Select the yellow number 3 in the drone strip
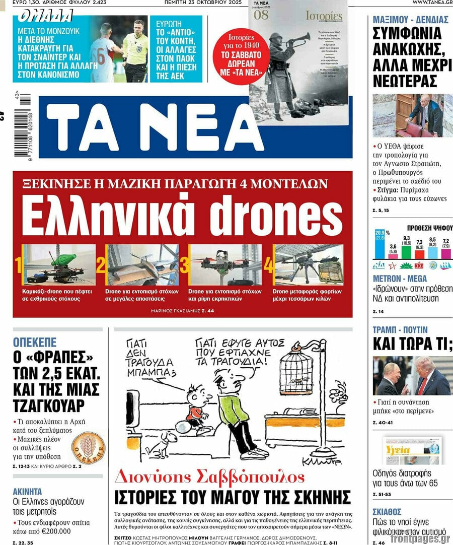pos(184,265)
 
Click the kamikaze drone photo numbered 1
pos(59,265)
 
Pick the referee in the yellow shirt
pos(135,50)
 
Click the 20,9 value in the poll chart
pos(380,232)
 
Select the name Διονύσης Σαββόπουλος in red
pos(209,477)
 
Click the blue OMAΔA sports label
pos(45,17)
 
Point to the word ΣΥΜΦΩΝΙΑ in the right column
pos(407,34)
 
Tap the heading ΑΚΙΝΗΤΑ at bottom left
pos(27,492)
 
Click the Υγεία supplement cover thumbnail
pos(413,450)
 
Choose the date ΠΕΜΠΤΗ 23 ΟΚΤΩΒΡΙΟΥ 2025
pos(203,3)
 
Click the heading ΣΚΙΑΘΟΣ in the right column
pos(387,512)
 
